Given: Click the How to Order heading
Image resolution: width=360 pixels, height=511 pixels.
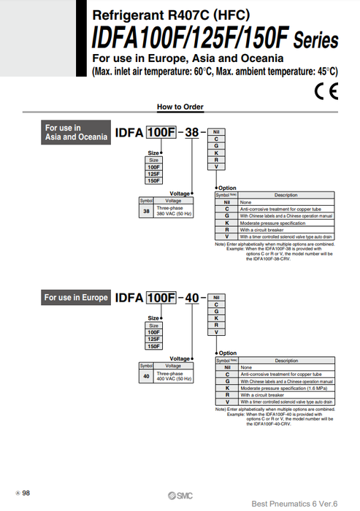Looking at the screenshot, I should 179,107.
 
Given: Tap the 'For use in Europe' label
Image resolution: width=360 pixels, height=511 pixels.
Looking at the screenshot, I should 76,297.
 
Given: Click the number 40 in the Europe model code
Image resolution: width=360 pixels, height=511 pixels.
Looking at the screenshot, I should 191,298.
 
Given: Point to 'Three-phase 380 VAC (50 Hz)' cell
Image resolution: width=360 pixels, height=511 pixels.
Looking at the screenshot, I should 174,212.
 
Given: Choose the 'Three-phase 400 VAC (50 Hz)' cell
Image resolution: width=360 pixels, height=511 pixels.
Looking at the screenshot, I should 174,377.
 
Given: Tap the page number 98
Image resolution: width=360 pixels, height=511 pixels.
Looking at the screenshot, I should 26,493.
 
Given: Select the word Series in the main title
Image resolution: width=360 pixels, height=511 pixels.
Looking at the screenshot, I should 315,40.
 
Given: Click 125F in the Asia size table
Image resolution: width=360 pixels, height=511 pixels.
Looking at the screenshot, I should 153,174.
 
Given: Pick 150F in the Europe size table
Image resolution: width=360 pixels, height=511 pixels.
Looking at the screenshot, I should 153,346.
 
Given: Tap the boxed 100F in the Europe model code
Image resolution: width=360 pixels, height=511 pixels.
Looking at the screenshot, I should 161,298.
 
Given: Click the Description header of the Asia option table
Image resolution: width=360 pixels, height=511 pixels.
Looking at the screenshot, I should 286,195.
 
